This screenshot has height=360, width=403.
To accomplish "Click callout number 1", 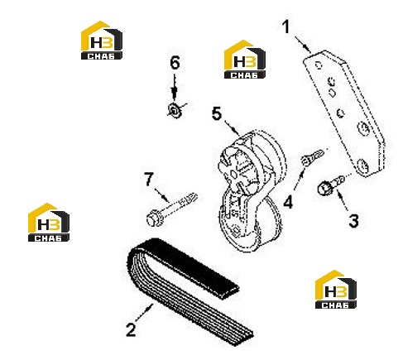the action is click(x=286, y=27).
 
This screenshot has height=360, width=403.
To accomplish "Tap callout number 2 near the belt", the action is click(x=131, y=329).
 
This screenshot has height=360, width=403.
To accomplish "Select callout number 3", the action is click(x=353, y=221).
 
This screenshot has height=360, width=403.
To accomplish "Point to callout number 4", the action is click(x=288, y=202).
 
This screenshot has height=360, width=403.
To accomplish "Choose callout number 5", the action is click(x=217, y=113).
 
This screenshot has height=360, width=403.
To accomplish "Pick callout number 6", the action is click(x=175, y=63).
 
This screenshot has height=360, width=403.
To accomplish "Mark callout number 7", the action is click(x=149, y=180).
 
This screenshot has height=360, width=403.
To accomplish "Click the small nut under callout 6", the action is click(x=175, y=109).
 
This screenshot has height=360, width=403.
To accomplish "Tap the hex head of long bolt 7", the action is click(x=152, y=218).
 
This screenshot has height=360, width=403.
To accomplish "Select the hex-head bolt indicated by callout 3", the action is click(x=330, y=185).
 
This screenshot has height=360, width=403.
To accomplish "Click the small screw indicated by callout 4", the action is click(x=312, y=157).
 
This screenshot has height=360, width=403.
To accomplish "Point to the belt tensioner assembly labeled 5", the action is click(x=250, y=191).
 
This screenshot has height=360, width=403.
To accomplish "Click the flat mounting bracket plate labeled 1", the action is click(x=344, y=113).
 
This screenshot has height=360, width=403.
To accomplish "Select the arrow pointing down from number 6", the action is click(x=174, y=86).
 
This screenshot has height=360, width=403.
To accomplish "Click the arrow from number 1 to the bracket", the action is click(x=304, y=44).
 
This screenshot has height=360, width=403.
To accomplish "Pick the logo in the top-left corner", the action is click(x=102, y=41).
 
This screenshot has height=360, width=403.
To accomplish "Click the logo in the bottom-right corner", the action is click(x=335, y=289).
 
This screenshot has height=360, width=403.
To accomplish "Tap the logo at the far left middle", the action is click(x=49, y=223).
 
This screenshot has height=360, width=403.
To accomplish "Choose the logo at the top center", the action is click(x=245, y=60).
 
